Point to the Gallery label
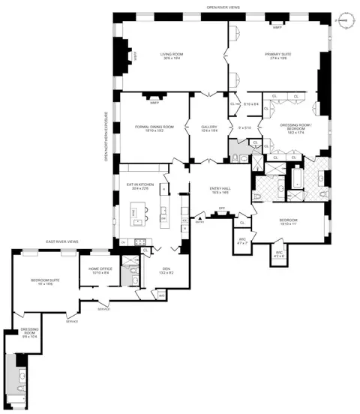point(209,129)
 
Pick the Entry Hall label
point(220,191)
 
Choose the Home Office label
point(100,271)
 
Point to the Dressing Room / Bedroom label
point(289,129)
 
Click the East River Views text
point(62,241)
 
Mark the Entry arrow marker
point(199,218)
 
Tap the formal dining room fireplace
point(155,96)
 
